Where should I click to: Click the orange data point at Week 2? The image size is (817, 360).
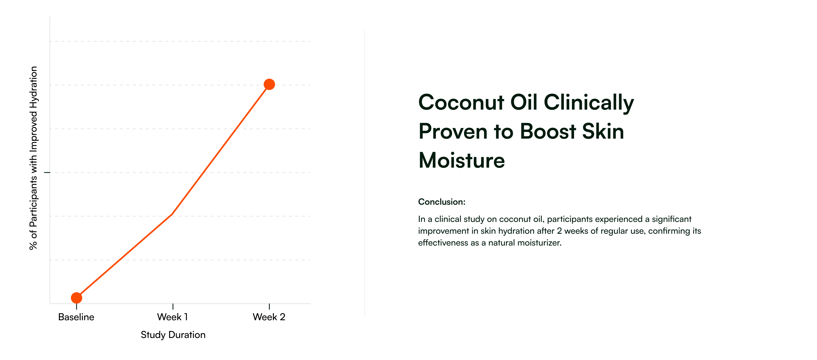point(269,84)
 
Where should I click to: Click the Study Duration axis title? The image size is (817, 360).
point(173,335)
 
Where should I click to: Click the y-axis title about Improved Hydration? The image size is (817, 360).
point(33,158)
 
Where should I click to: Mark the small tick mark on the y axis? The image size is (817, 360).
point(47,172)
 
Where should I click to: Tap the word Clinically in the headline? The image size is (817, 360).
point(589,103)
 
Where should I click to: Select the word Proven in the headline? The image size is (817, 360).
point(453,131)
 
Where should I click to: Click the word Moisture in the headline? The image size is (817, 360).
point(461,160)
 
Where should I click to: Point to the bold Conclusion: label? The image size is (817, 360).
point(442,202)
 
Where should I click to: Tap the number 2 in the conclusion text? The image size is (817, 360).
point(559,231)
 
